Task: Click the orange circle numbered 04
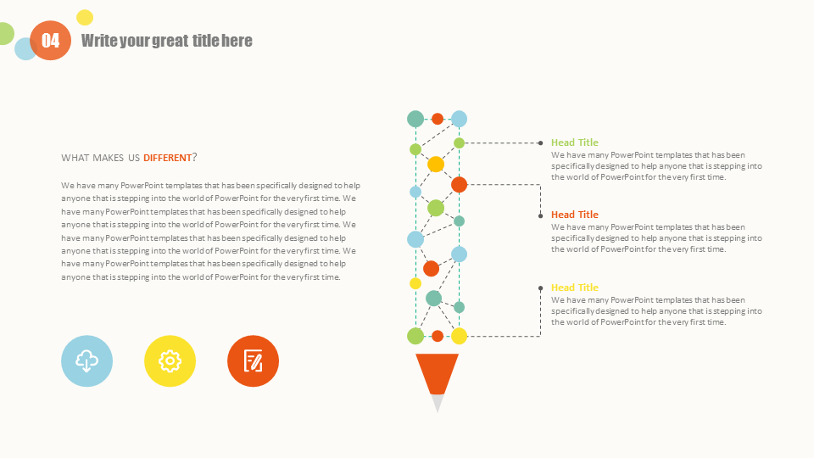[50, 41]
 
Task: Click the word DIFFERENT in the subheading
[167, 158]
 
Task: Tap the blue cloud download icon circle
[86, 361]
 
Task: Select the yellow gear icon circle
[170, 361]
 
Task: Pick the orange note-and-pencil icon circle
[253, 361]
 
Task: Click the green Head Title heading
[575, 142]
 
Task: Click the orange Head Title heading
[575, 215]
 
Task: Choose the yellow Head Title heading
[575, 288]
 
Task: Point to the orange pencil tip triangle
[438, 371]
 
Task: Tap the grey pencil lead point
[438, 402]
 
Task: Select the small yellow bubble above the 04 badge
[85, 18]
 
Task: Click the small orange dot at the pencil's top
[438, 119]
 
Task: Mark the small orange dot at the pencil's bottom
[438, 336]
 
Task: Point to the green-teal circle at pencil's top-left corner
[415, 119]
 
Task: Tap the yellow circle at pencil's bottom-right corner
[459, 336]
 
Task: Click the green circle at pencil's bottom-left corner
[415, 336]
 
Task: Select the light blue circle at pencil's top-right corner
[459, 119]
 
